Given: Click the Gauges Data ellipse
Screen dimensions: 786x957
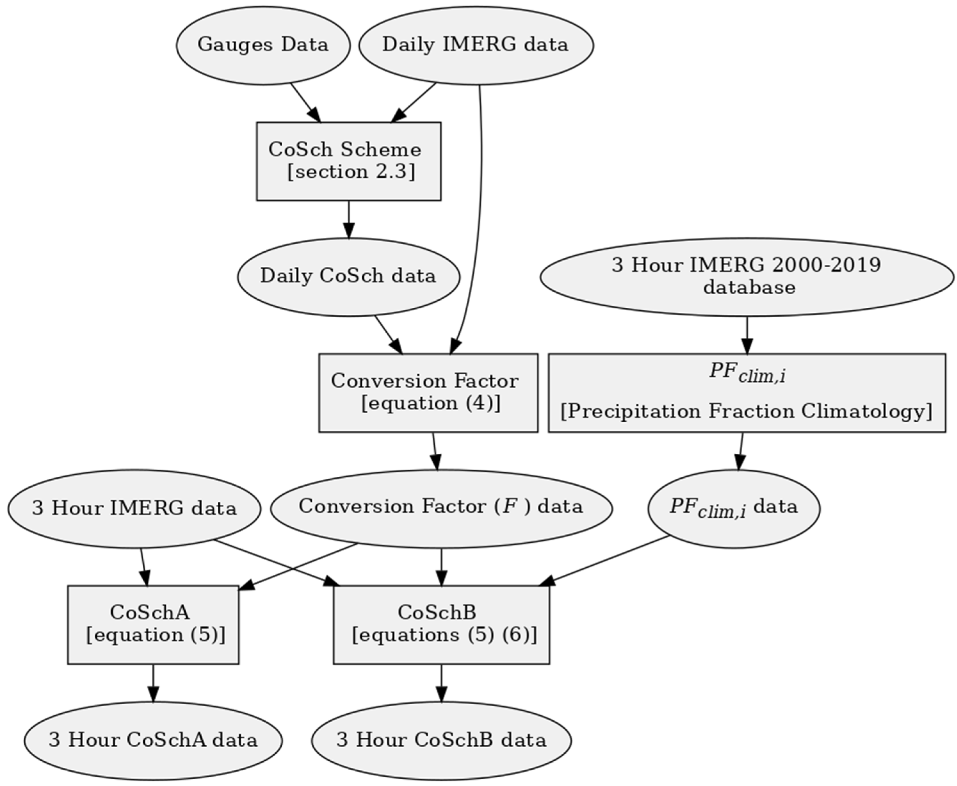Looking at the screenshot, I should click(x=263, y=45).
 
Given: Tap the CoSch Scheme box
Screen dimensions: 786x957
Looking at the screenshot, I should click(x=349, y=161).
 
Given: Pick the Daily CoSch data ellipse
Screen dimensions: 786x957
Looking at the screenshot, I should click(x=349, y=277).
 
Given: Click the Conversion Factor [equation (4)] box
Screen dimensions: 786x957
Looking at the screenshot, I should click(x=428, y=393).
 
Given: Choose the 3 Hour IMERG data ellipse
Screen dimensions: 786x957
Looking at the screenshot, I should click(x=134, y=508).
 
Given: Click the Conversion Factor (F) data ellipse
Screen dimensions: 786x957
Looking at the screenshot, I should click(x=441, y=508).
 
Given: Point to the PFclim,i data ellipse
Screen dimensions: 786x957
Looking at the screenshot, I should click(x=734, y=508).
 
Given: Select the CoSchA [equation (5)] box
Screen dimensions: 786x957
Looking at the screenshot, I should click(x=153, y=625).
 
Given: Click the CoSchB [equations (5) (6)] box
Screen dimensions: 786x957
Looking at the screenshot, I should click(x=441, y=625).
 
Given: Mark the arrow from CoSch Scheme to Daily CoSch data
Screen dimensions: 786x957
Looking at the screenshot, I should click(x=349, y=220).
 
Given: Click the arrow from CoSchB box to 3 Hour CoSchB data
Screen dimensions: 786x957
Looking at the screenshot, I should click(x=441, y=684).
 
